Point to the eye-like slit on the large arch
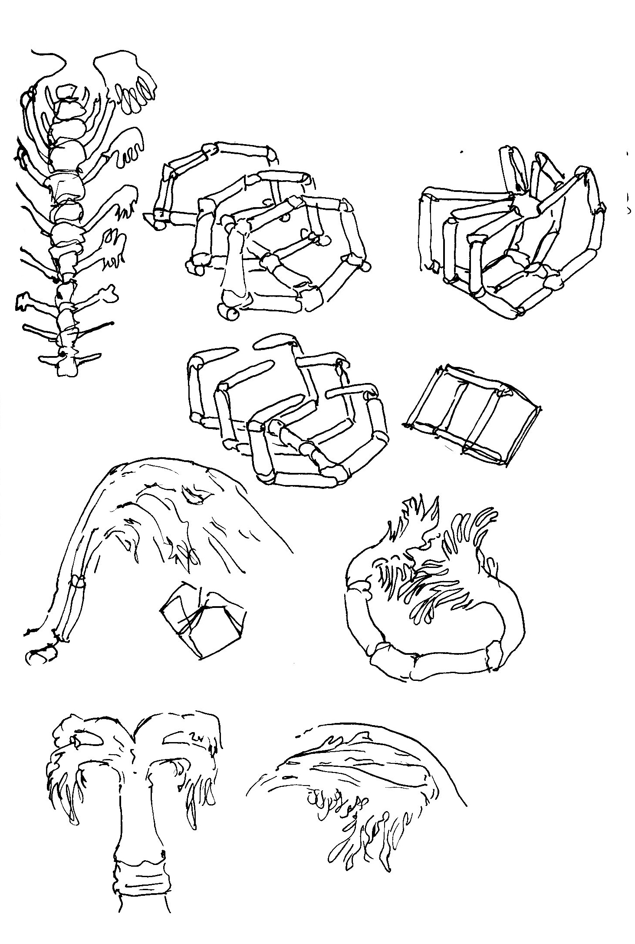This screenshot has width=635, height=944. [x=193, y=496]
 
